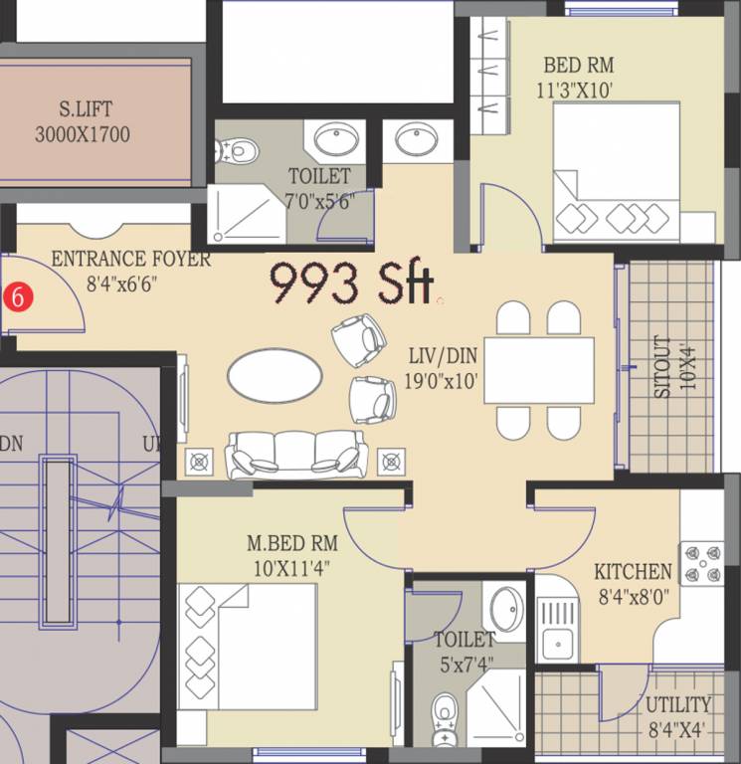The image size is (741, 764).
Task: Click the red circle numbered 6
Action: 16,295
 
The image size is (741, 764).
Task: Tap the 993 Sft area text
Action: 352,284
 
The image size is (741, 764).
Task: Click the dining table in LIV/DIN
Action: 539,370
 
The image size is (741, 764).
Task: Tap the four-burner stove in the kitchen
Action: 701,563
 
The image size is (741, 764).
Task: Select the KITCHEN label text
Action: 633,572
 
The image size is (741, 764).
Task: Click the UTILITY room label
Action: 678,705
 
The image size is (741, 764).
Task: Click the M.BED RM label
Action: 292,543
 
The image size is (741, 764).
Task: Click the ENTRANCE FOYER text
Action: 130,260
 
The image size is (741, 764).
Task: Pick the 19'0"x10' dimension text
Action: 444,379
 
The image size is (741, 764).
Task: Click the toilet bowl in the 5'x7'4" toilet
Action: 444,712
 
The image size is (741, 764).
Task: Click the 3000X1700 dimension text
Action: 82,134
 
